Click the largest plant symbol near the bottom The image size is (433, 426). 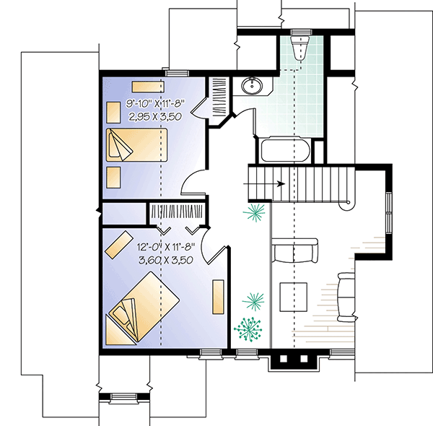click(x=249, y=329)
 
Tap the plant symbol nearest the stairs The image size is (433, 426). click(x=254, y=212)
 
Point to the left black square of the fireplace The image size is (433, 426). click(x=284, y=358)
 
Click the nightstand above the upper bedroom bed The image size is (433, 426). click(x=114, y=113)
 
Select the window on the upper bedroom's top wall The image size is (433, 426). click(x=176, y=72)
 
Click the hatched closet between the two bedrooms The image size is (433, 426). click(x=175, y=211)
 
